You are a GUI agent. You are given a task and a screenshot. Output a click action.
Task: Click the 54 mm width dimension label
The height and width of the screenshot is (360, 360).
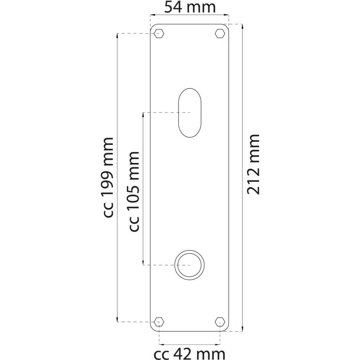pos(190,7)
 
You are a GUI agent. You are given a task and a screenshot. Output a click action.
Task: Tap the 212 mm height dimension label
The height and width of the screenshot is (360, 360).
pos(253,164)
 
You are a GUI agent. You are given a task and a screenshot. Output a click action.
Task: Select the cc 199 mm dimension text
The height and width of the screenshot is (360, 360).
pos(108,177)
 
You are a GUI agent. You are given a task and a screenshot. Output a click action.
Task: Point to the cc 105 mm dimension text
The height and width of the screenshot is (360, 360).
pos(134,192)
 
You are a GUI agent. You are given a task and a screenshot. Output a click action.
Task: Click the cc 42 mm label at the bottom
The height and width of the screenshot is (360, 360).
pos(189,354)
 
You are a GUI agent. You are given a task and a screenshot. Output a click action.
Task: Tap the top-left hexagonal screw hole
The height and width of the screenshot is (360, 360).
pos(159,33)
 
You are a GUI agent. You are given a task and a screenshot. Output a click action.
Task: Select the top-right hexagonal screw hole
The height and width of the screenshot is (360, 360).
pos(220,33)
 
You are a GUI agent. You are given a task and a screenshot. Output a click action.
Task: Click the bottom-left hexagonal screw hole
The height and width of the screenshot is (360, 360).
pos(159,322)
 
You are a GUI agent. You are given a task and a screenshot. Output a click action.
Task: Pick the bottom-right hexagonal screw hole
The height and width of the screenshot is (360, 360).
pos(220,322)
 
